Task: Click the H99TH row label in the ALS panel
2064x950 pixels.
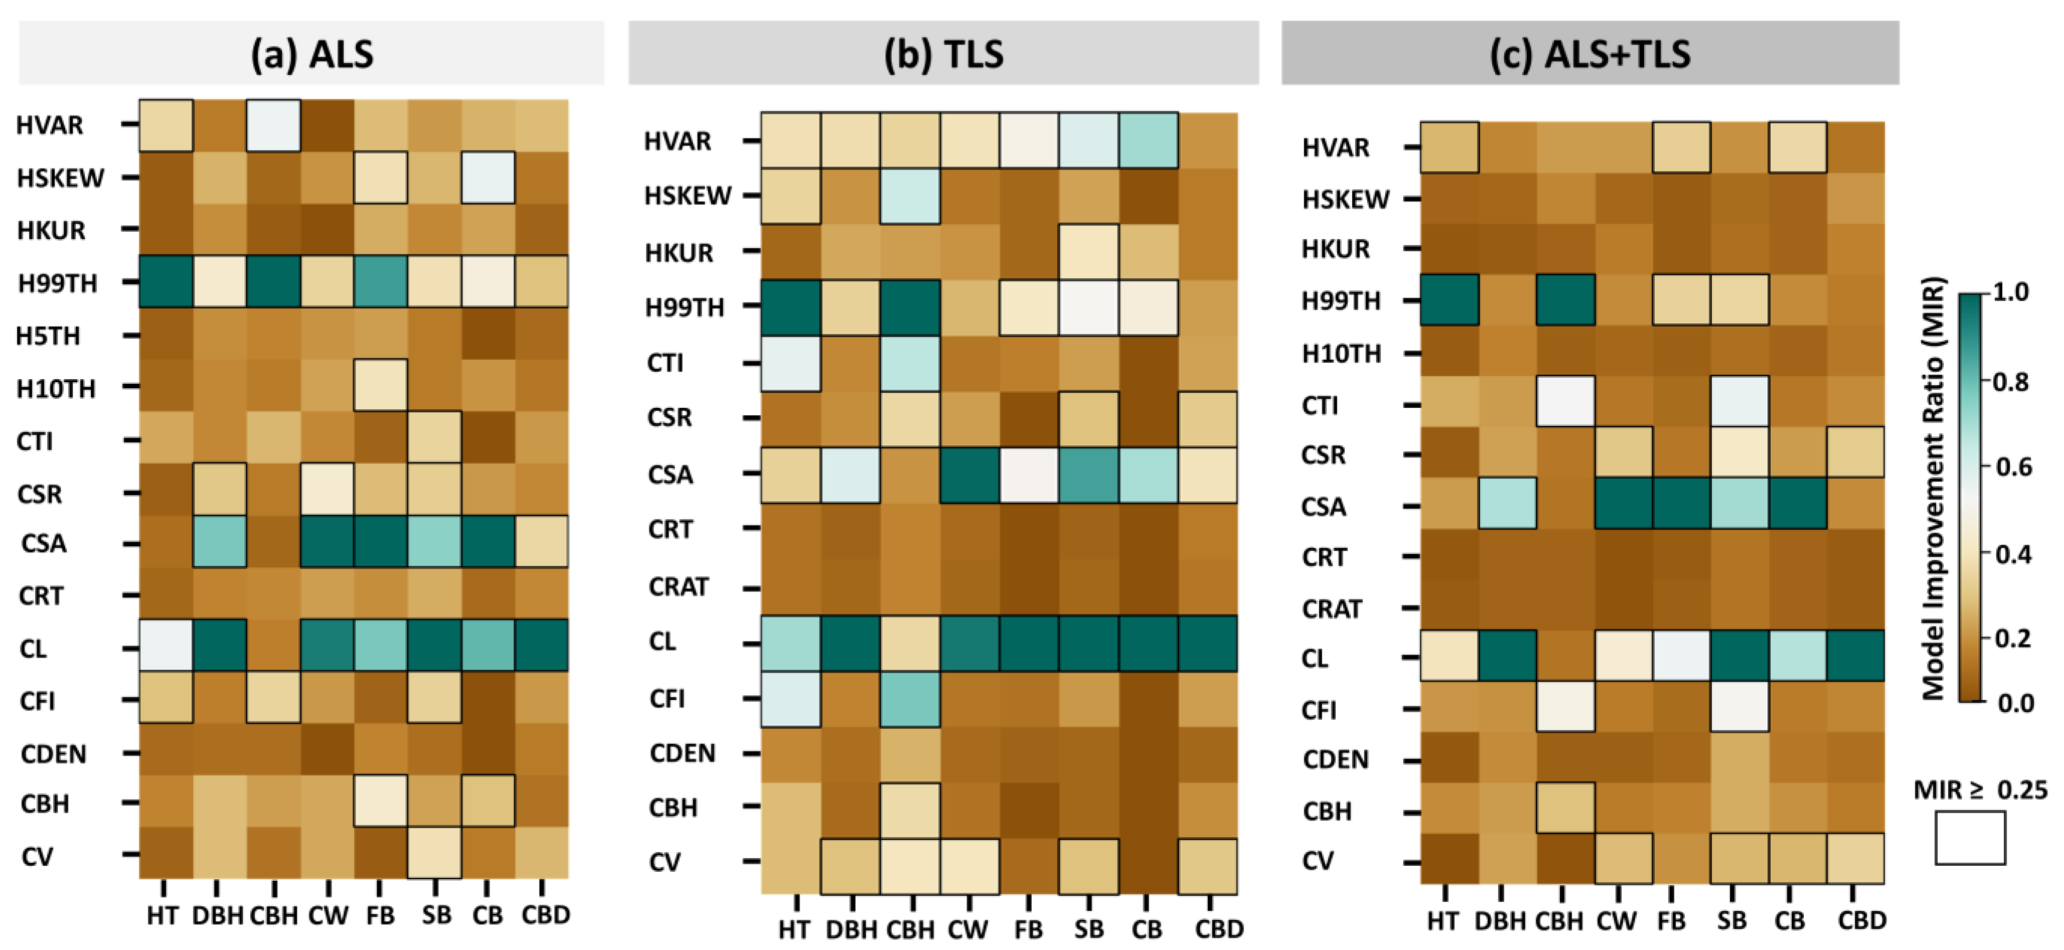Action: tap(58, 283)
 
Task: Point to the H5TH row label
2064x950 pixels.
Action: tap(48, 336)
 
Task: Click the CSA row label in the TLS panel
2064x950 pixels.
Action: tap(670, 475)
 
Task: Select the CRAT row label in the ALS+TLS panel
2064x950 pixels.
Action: tap(1332, 609)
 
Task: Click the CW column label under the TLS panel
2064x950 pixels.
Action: tap(968, 929)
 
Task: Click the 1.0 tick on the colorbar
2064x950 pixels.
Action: tap(2011, 291)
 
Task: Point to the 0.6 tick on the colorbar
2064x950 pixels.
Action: tap(2011, 466)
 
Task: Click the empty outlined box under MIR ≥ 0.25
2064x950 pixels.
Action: tap(1970, 838)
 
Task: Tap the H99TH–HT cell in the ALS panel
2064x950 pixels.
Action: tap(166, 282)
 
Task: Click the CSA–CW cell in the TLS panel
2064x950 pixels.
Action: tap(970, 475)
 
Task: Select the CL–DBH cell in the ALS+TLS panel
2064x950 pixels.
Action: tap(1507, 655)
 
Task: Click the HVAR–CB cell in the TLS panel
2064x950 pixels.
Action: tap(1148, 140)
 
